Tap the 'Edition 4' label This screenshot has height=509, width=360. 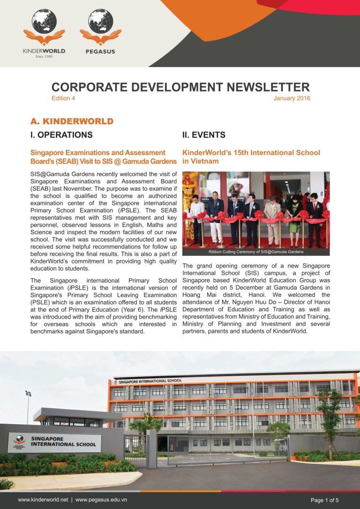pyautogui.click(x=63, y=98)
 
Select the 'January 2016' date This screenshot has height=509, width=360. pyautogui.click(x=292, y=98)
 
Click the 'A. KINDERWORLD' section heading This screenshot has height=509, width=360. pyautogui.click(x=72, y=121)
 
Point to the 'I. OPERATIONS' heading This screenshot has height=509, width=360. pyautogui.click(x=61, y=135)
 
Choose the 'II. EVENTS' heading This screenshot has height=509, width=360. pyautogui.click(x=204, y=135)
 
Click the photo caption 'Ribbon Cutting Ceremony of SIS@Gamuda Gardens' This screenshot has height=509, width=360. pyautogui.click(x=256, y=252)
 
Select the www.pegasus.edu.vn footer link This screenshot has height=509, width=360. pyautogui.click(x=101, y=500)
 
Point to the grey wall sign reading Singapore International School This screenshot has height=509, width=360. pyautogui.click(x=54, y=442)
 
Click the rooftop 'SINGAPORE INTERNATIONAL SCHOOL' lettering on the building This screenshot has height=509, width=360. pyautogui.click(x=150, y=381)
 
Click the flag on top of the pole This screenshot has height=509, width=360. pyautogui.click(x=28, y=393)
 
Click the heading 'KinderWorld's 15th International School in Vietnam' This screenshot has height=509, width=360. pyautogui.click(x=251, y=157)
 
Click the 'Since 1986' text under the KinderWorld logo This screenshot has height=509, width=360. pyautogui.click(x=44, y=57)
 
